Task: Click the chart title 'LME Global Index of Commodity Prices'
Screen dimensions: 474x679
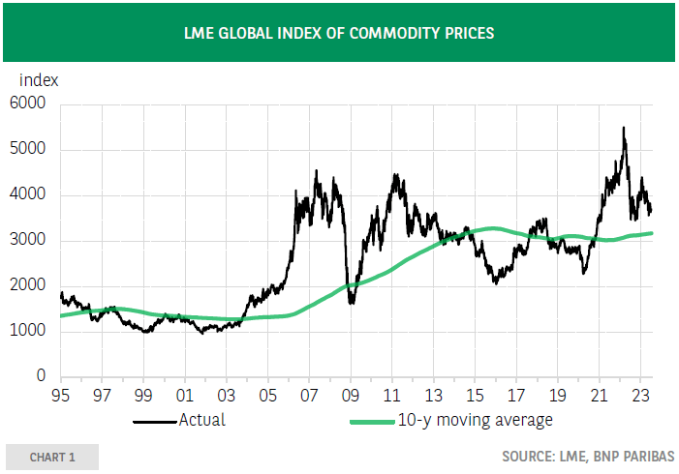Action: click(339, 33)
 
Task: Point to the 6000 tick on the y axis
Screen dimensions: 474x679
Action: click(28, 104)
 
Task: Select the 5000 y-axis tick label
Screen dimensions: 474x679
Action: click(28, 150)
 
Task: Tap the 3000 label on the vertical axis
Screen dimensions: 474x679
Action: click(28, 241)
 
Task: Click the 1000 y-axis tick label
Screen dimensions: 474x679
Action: click(28, 332)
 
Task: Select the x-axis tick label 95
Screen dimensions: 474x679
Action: click(60, 395)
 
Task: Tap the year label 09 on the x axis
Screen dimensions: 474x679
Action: click(350, 395)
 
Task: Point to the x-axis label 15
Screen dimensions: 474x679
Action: click(474, 395)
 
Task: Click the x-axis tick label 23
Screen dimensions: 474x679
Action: click(639, 395)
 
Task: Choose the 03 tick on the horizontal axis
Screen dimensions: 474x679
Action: click(226, 395)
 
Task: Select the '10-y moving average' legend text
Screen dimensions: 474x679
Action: click(475, 421)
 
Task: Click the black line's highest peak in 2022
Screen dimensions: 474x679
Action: click(623, 128)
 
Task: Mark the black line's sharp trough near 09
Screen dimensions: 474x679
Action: click(350, 302)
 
